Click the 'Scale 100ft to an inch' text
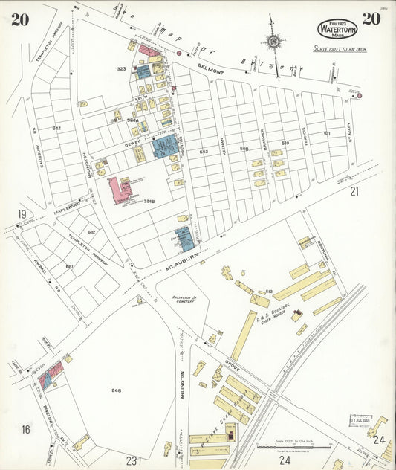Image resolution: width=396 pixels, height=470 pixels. (340, 49)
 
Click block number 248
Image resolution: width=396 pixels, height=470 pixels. (116, 390)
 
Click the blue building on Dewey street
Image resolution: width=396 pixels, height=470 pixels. (165, 146)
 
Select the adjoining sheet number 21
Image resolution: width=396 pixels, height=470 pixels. (354, 191)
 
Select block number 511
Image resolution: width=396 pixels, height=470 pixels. (327, 134)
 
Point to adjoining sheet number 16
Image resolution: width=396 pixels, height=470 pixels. (25, 430)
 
